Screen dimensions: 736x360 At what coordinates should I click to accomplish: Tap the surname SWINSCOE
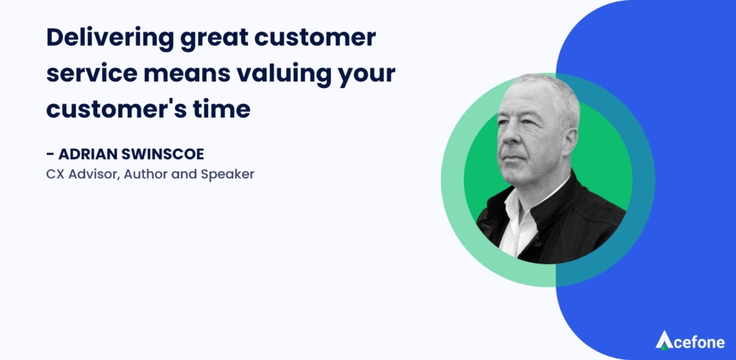pos(160,154)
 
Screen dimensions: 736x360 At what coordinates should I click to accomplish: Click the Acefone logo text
pos(697,343)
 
